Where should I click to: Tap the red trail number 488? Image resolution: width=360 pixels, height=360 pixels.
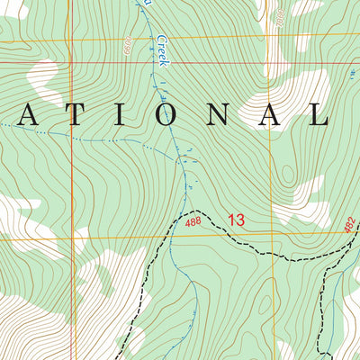point(193,221)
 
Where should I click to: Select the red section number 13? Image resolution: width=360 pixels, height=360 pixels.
point(236,220)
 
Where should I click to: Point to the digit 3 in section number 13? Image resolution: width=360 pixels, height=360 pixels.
point(240,220)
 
